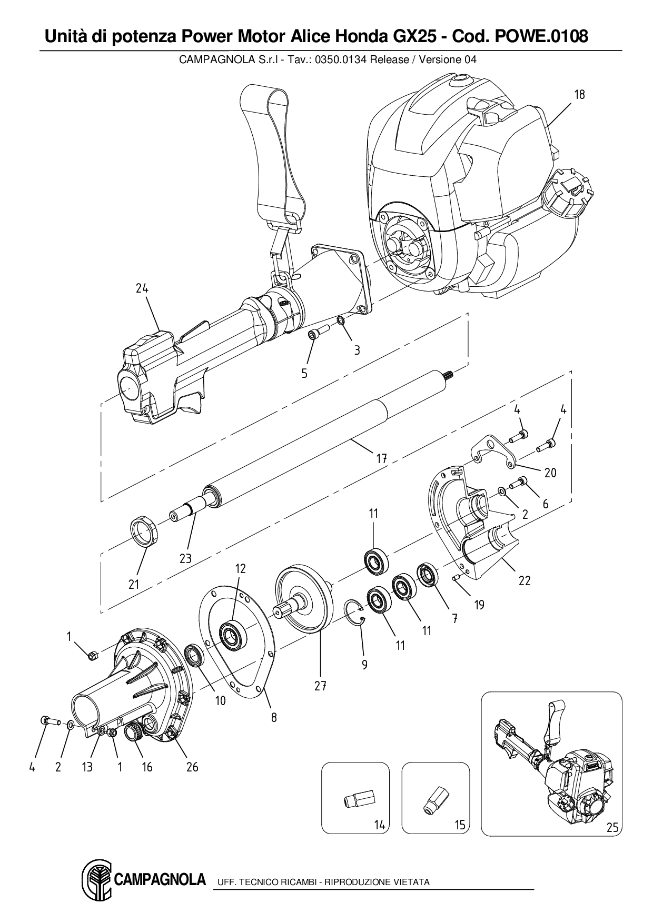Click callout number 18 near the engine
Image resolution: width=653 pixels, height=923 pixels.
coord(579,95)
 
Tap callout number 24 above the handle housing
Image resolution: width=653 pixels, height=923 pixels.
coord(142,288)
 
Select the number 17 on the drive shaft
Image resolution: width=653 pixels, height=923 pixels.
coord(382,458)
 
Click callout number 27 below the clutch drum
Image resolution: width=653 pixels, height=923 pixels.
coord(321,686)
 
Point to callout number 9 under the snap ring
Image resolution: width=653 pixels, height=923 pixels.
coord(364,665)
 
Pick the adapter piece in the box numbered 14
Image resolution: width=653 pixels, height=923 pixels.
coord(357,801)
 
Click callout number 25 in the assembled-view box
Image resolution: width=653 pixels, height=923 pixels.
coord(612,827)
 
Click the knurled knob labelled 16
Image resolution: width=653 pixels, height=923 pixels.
coord(132,731)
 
